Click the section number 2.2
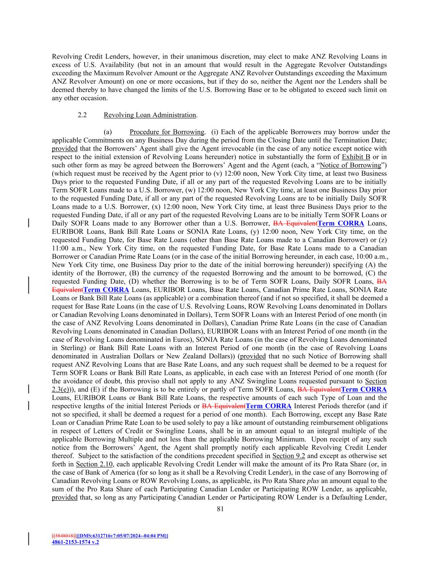pos(82,115)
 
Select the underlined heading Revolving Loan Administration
pos(150,115)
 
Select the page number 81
pos(220,509)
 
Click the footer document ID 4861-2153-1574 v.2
pos(75,542)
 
